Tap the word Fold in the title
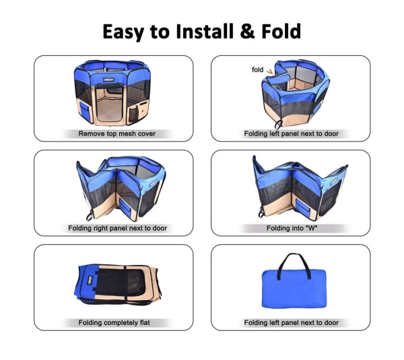pos(279,31)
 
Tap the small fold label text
pos(257,69)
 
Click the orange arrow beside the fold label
pos(270,71)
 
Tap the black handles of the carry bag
pos(292,262)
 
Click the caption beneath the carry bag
pos(291,323)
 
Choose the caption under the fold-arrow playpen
pos(291,134)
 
